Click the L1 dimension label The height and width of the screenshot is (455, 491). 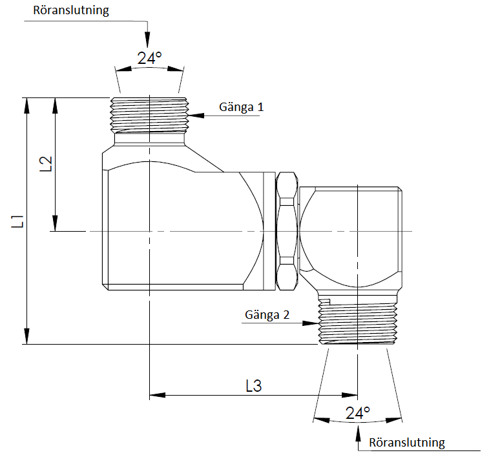coord(21,221)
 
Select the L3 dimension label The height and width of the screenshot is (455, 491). coord(254,386)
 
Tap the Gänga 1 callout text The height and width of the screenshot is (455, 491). coord(242,107)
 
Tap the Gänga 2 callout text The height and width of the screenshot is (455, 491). coord(267,315)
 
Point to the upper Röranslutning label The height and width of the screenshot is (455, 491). coord(71,10)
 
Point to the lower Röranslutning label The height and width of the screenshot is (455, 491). coord(407,443)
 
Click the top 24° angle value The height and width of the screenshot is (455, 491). coord(149,58)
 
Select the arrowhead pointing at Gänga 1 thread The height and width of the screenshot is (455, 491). coord(196,116)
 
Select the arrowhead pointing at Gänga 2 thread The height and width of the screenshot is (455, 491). coord(313,324)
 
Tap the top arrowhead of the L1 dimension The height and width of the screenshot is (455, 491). coord(27,104)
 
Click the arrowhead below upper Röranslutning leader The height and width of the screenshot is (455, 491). coord(148,39)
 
